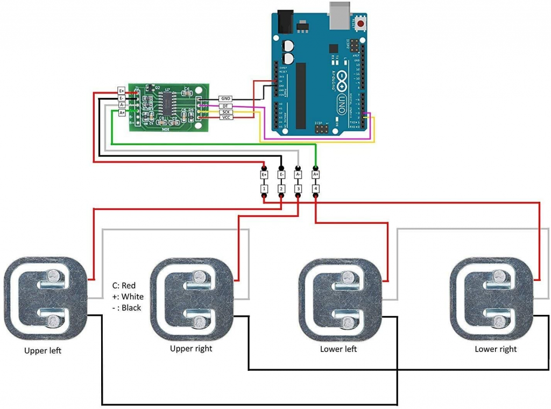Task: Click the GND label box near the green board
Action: coord(226,100)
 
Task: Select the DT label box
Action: coord(226,106)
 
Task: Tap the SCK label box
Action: coord(226,111)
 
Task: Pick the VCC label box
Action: coord(226,117)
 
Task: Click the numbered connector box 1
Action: coord(264,189)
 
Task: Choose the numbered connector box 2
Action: coord(281,189)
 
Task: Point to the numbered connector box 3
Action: coord(298,189)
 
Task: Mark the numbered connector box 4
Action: coord(316,189)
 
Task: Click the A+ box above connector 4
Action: coord(316,174)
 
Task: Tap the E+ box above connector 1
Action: coord(264,174)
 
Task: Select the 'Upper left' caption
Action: coord(43,351)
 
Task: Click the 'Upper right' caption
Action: coord(191,349)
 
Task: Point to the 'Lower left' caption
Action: coord(338,349)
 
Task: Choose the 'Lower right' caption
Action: coord(495,349)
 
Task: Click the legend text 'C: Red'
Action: coord(123,285)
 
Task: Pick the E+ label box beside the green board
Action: coord(122,91)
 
